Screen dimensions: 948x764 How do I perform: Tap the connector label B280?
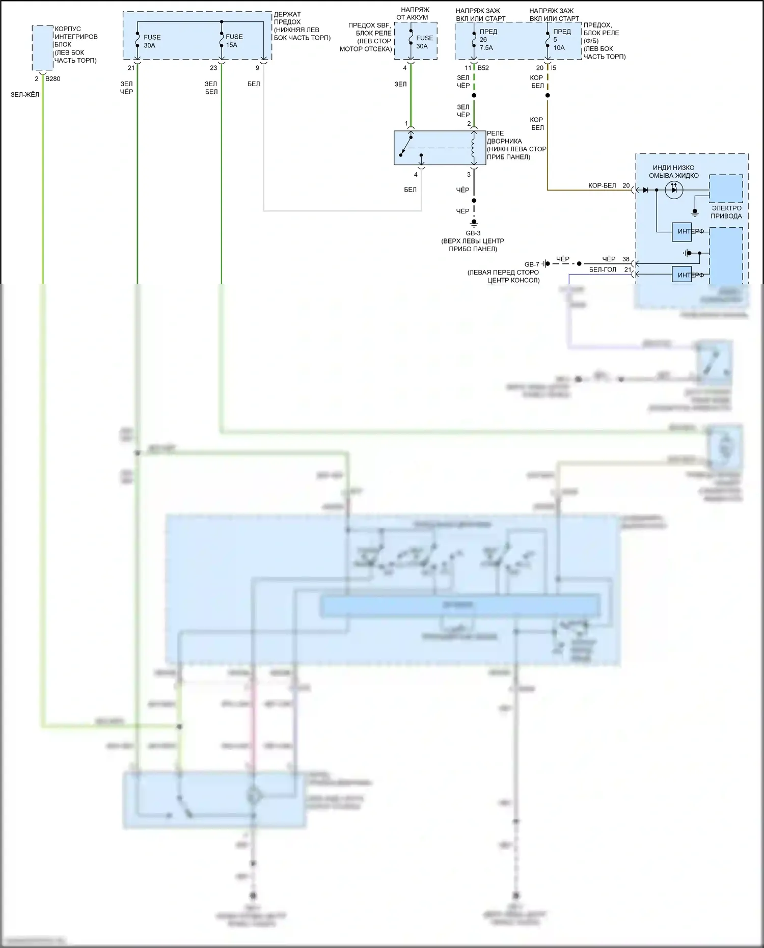click(53, 79)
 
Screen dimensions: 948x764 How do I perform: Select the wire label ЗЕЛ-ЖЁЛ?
click(24, 94)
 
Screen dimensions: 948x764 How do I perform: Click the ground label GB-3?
click(473, 233)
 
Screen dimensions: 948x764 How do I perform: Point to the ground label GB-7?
click(531, 264)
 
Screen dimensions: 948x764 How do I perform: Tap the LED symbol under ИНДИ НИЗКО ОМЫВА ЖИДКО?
click(674, 190)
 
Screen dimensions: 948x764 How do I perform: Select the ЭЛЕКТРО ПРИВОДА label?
click(726, 212)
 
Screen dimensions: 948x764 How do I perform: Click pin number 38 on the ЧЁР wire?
click(625, 259)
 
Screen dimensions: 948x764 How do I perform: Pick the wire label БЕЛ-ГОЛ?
click(603, 269)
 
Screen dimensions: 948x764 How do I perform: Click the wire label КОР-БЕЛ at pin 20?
click(602, 185)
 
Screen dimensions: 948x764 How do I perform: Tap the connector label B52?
click(483, 68)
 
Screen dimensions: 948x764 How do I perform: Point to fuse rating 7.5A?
click(486, 48)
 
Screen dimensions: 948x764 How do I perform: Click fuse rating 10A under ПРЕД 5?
click(559, 48)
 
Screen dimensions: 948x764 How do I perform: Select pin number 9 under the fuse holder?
click(257, 68)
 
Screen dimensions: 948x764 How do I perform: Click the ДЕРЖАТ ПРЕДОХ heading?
click(288, 18)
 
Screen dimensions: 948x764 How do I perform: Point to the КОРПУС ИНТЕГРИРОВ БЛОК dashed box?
click(43, 48)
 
